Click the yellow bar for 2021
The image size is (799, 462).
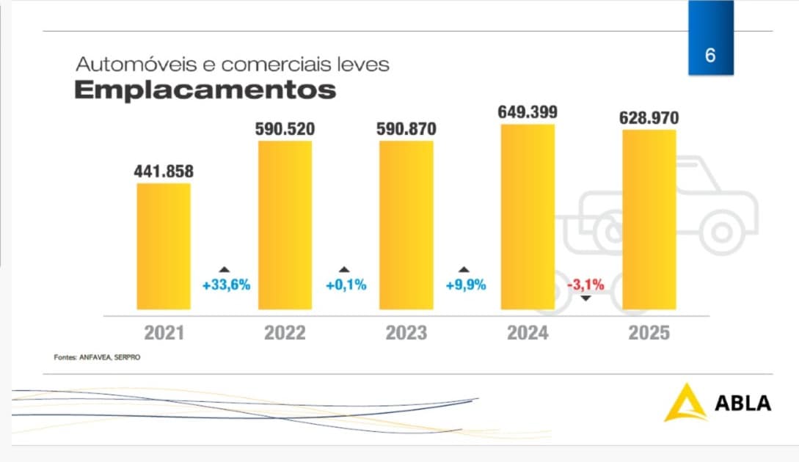pos(164,246)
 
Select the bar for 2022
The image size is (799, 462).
pos(285,224)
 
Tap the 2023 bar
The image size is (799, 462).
pos(406,224)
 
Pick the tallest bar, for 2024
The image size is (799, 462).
pos(528,217)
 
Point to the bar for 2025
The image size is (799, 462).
pos(649,220)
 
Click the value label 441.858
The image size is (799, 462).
pos(164,171)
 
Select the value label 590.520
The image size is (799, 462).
pos(285,129)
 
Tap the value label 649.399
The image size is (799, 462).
pos(528,112)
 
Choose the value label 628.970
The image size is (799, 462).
pos(649,117)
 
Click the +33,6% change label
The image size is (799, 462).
pos(226,285)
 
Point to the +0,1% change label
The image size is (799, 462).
pos(346,285)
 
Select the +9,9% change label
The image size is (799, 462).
pos(466,285)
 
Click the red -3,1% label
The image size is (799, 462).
pos(585,285)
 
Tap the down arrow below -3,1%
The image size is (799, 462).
pos(585,298)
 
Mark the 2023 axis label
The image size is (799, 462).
pos(406,333)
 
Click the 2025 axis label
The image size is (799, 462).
pos(649,333)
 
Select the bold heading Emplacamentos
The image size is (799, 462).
pos(205,90)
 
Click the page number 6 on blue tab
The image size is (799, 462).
pos(709,55)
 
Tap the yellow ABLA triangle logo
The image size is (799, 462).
pos(683,403)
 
